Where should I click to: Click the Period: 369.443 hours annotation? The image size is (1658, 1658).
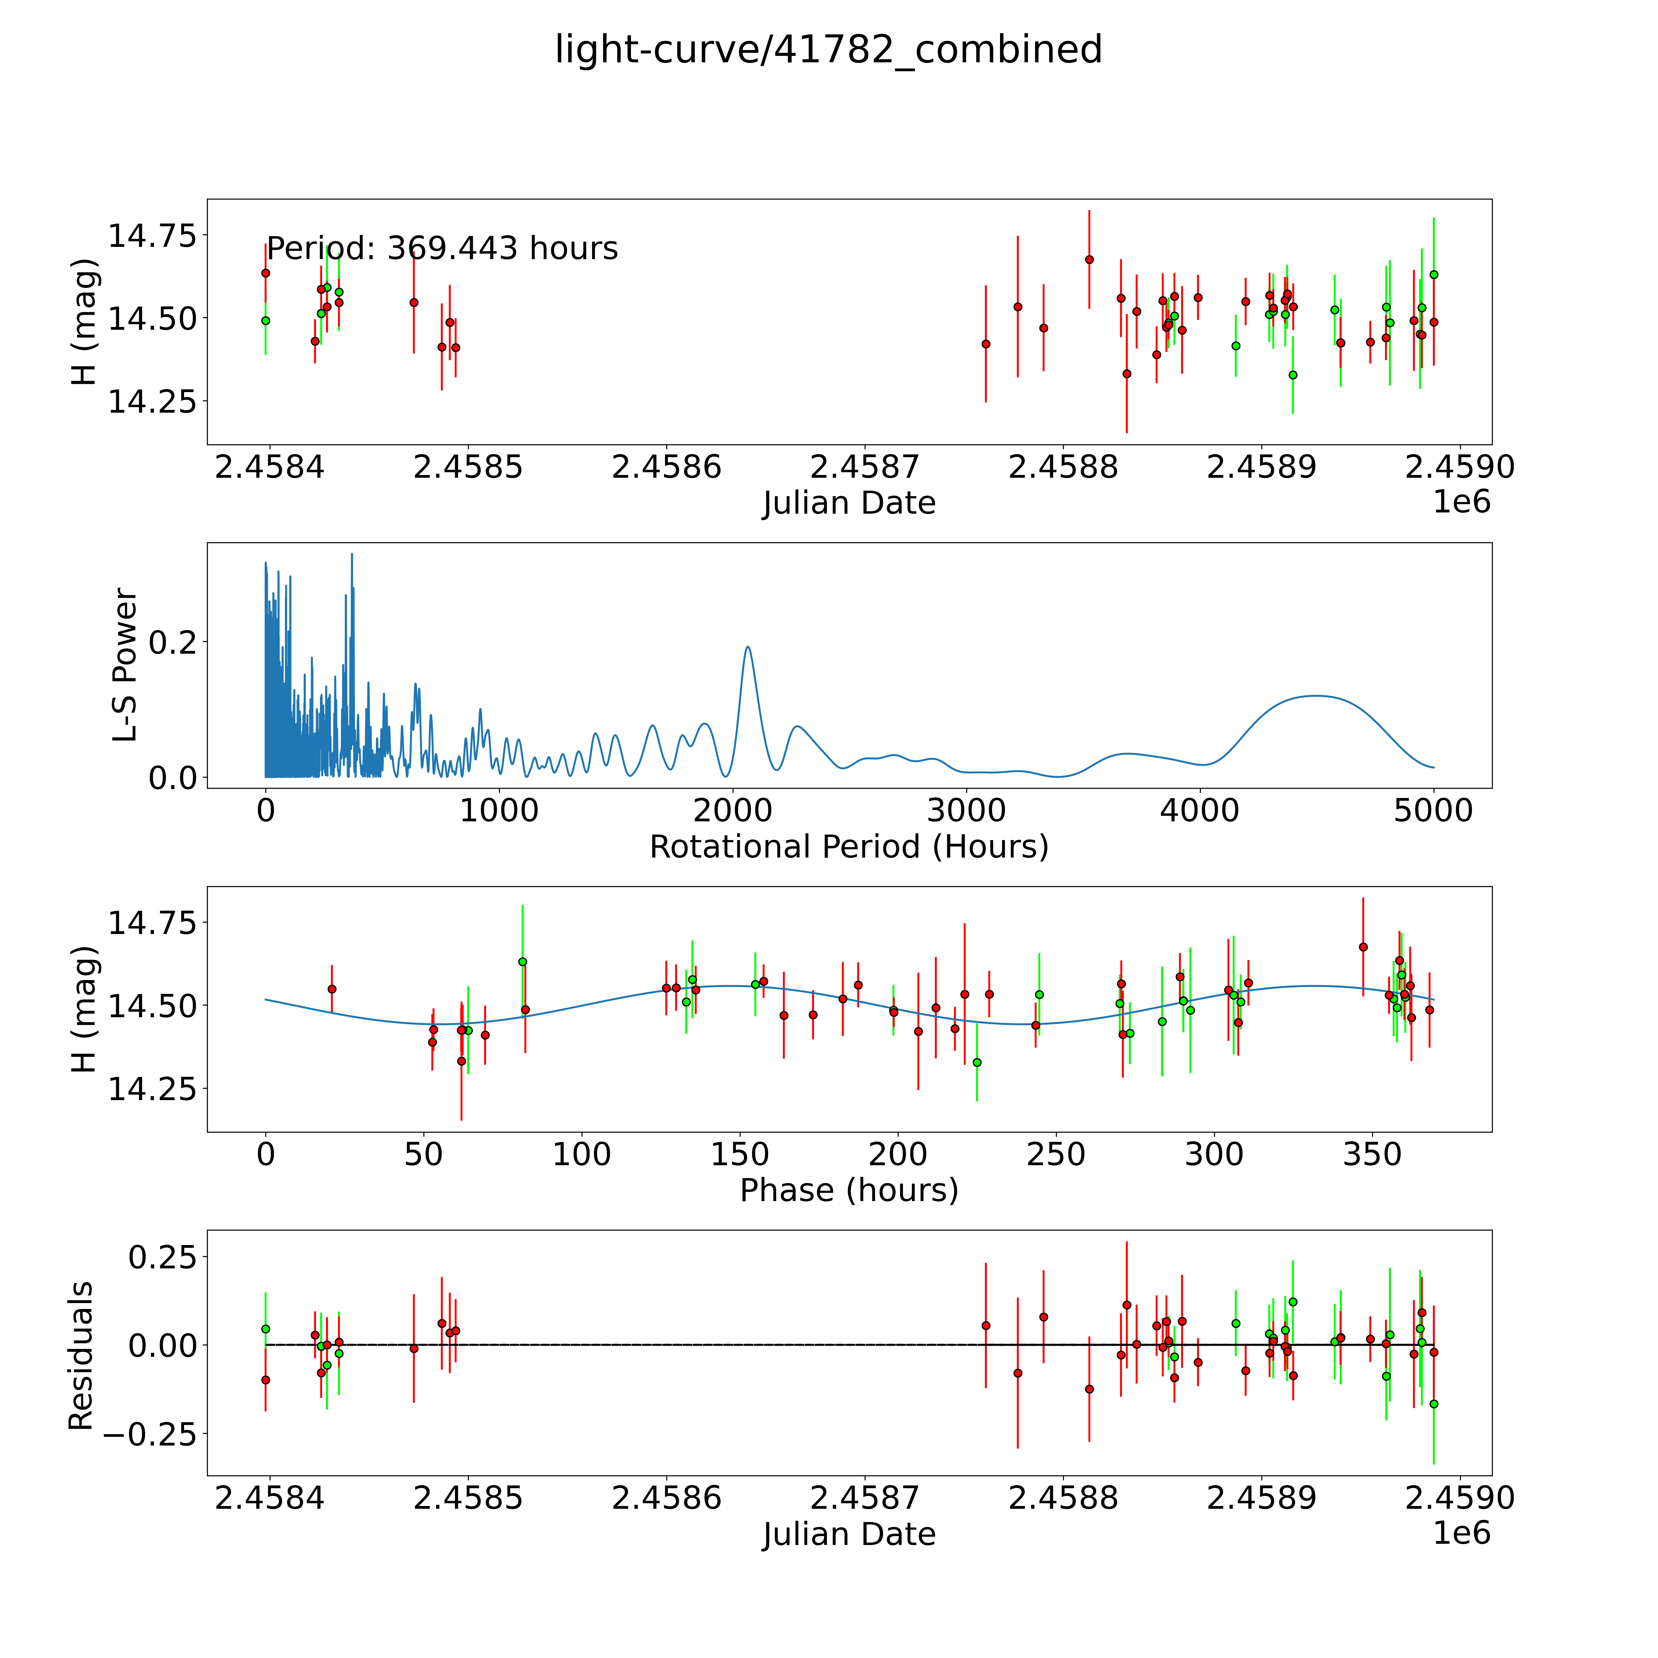442,249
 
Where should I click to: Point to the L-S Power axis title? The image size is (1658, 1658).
125,665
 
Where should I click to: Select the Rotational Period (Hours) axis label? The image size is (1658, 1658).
849,847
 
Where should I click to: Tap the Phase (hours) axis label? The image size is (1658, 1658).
849,1190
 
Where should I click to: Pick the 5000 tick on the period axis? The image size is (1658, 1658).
1433,811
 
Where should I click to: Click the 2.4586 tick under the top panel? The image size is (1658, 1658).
666,468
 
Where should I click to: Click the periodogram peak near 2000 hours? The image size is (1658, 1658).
747,647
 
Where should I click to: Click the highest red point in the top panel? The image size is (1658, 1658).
1089,259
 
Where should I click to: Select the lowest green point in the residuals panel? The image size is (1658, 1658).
1433,1404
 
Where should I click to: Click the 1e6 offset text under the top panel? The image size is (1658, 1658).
1461,502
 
